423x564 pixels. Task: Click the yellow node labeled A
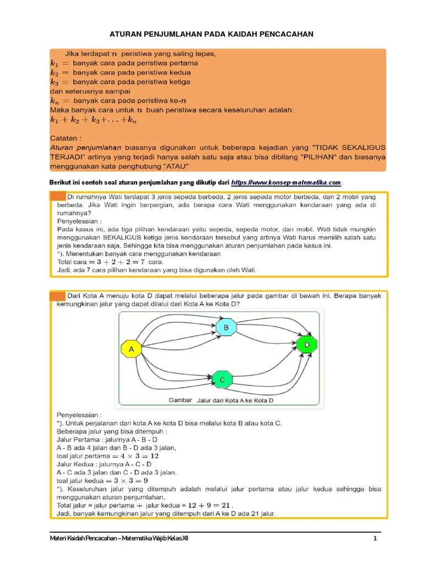131,349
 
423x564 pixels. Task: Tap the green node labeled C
222,379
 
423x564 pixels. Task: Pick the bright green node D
306,345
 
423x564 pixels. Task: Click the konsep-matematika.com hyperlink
286,182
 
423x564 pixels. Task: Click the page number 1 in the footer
375,538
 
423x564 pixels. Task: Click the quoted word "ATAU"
175,165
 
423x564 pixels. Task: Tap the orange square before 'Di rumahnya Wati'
57,196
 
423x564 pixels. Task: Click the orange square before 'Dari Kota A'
57,296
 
